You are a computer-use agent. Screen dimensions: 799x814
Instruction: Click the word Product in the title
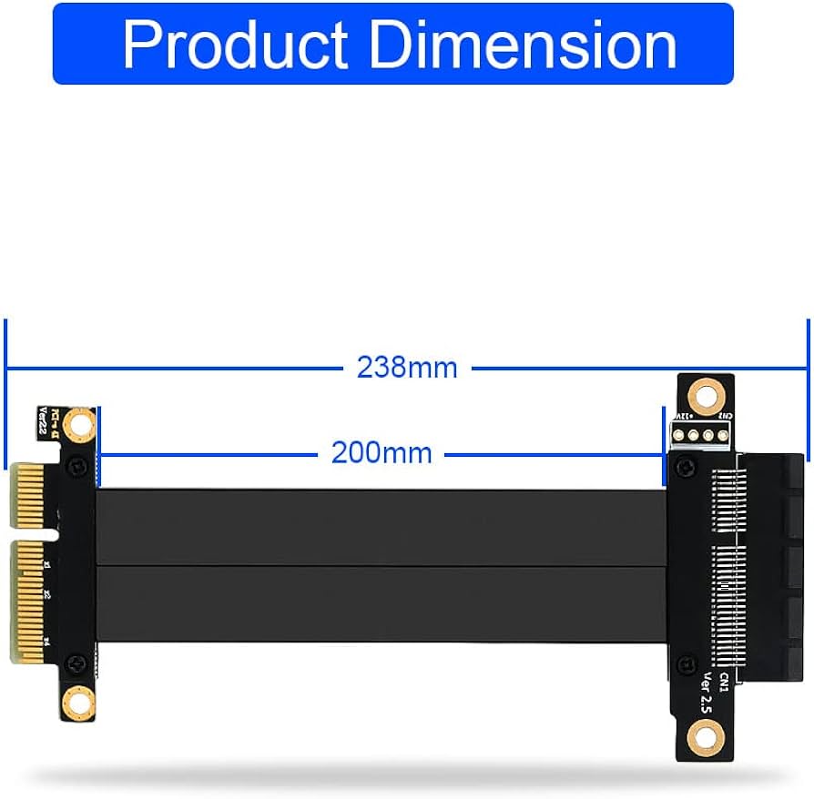click(x=235, y=45)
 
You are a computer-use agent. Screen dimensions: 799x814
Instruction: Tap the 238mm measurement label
click(x=407, y=368)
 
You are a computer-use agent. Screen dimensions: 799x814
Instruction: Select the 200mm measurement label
click(x=382, y=451)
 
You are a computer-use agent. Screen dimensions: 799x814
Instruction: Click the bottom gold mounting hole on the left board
click(x=81, y=701)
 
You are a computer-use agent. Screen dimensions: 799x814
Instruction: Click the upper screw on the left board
click(x=80, y=465)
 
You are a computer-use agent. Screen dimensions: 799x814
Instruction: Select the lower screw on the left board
click(x=80, y=661)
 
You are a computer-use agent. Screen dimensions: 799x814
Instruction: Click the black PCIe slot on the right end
click(x=774, y=564)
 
